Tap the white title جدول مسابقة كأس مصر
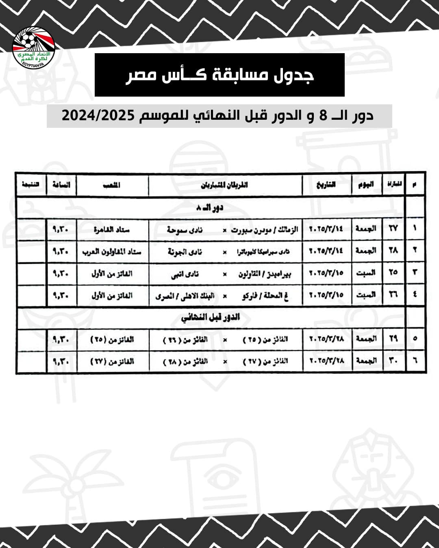coord(219,76)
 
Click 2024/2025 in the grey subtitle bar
coord(98,116)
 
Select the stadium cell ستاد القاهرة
coord(111,230)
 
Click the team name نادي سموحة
coord(185,230)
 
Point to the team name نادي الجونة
coord(185,252)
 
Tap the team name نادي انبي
coord(185,274)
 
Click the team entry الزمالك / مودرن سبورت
coord(265,230)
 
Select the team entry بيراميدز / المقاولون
coord(265,274)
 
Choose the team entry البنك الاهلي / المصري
coord(185,296)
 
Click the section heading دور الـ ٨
coord(210,208)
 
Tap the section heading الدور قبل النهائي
coord(211,317)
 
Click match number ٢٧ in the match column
coord(393,229)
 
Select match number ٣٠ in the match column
coord(393,360)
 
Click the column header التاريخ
coord(326,185)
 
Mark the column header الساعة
coord(61,185)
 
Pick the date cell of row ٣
coord(326,273)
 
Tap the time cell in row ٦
coord(61,360)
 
